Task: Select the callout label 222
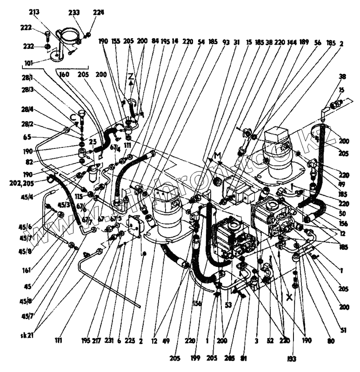click(26, 27)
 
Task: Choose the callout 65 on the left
click(26, 138)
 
